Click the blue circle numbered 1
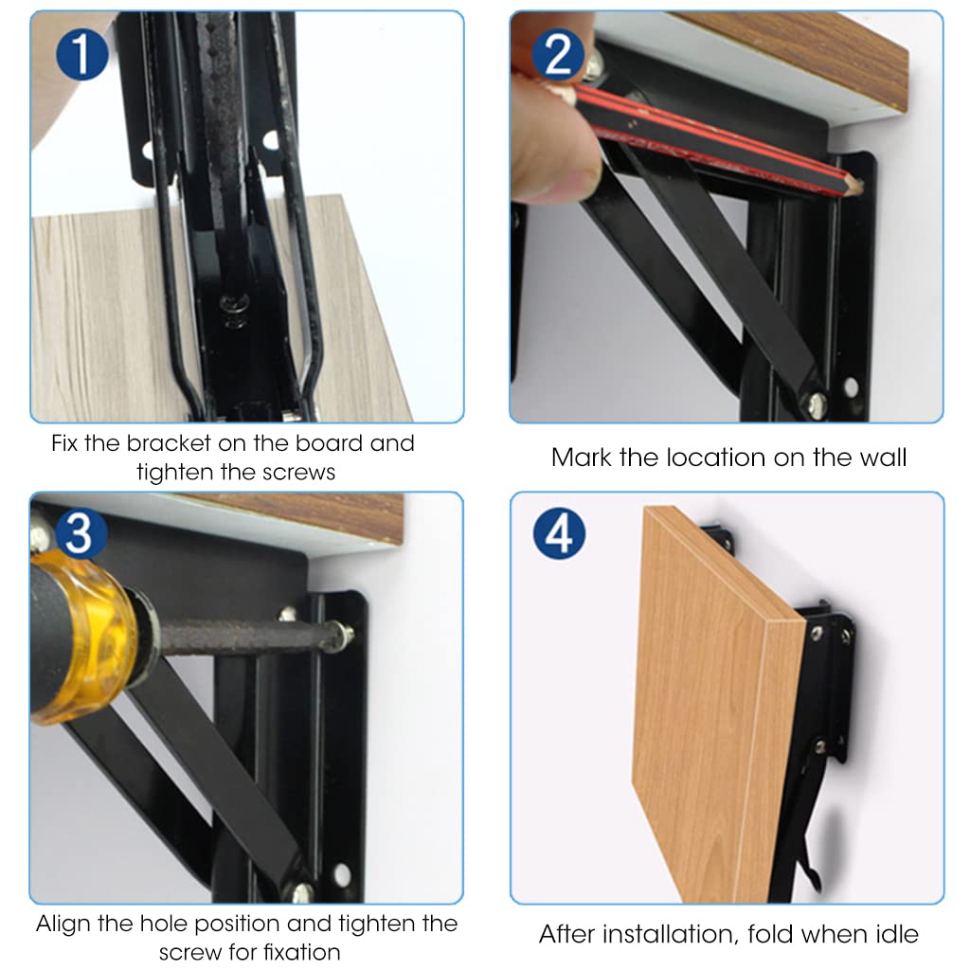(x=82, y=52)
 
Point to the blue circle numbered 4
(x=559, y=534)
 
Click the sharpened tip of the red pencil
(x=854, y=189)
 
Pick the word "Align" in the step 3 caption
(x=66, y=924)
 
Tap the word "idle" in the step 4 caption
(x=891, y=935)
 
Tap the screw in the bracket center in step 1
(x=230, y=305)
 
